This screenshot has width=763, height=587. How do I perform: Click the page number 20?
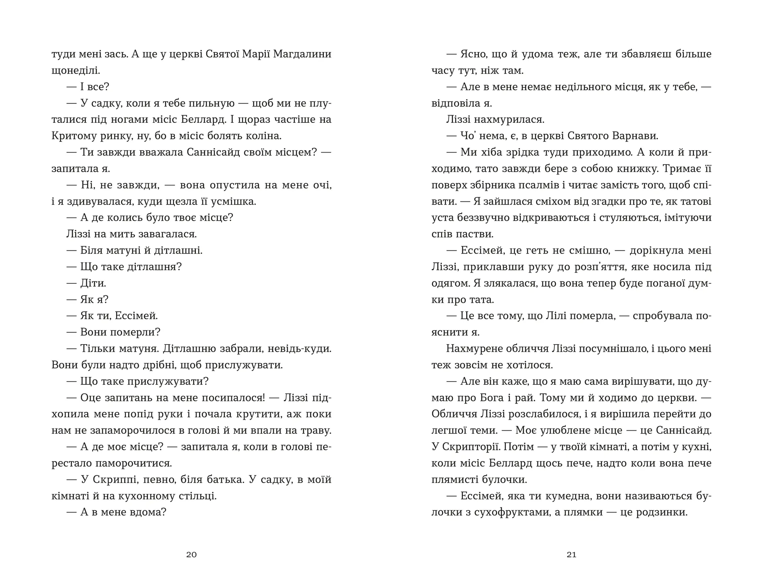pos(191,554)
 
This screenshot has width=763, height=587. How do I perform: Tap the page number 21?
pos(571,554)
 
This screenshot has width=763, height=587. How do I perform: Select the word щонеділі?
pos(76,71)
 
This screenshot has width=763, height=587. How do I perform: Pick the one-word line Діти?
pos(93,283)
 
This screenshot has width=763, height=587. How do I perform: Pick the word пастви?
pos(476,234)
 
